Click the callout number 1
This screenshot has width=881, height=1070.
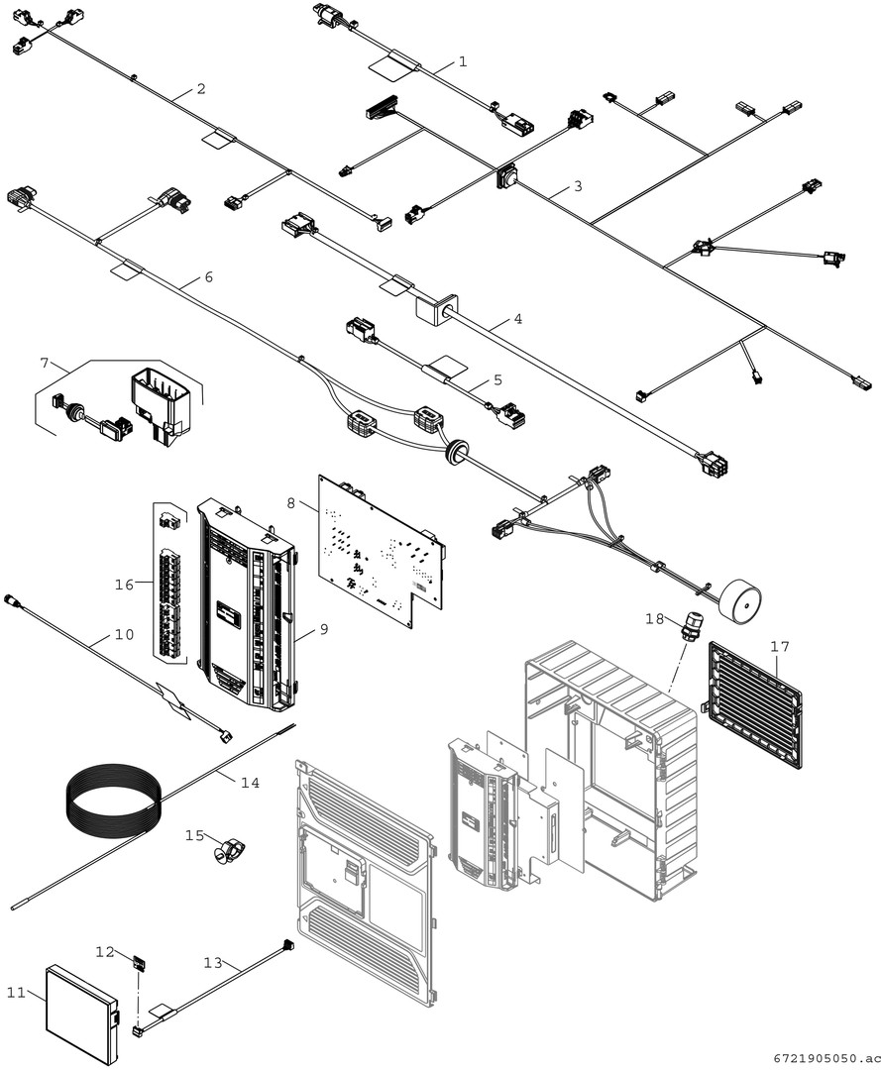[463, 61]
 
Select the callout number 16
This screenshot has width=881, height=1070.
[124, 585]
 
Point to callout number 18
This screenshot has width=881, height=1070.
[654, 618]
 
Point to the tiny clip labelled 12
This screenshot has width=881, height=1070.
[140, 960]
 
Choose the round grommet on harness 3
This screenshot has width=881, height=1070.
[508, 176]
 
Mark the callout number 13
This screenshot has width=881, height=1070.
[213, 962]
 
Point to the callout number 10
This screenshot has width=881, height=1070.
[124, 635]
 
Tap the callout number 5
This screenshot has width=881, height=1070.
[497, 379]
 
